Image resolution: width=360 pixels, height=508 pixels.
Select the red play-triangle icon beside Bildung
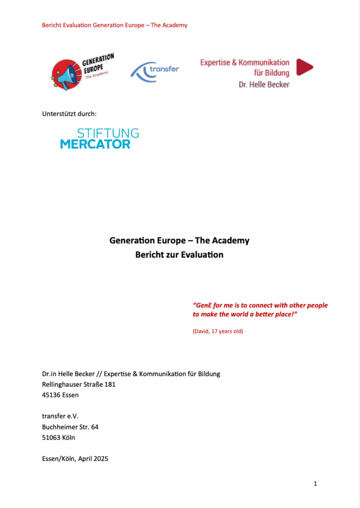(x=304, y=67)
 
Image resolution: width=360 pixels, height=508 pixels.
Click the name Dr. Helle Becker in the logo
(x=264, y=84)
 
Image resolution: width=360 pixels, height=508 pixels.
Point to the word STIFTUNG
(x=108, y=133)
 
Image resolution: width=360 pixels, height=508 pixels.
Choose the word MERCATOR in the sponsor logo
(x=95, y=144)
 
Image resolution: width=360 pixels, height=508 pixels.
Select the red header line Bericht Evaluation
(x=115, y=25)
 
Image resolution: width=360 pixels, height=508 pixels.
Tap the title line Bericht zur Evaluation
(x=179, y=255)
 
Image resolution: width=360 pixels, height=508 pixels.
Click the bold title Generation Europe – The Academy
(x=179, y=241)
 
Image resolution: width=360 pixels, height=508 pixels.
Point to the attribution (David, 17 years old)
(x=217, y=331)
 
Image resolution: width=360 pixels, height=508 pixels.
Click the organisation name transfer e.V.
(x=60, y=416)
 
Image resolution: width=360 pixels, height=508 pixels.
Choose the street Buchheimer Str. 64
(x=70, y=427)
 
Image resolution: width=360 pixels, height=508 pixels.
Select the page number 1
(x=315, y=483)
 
